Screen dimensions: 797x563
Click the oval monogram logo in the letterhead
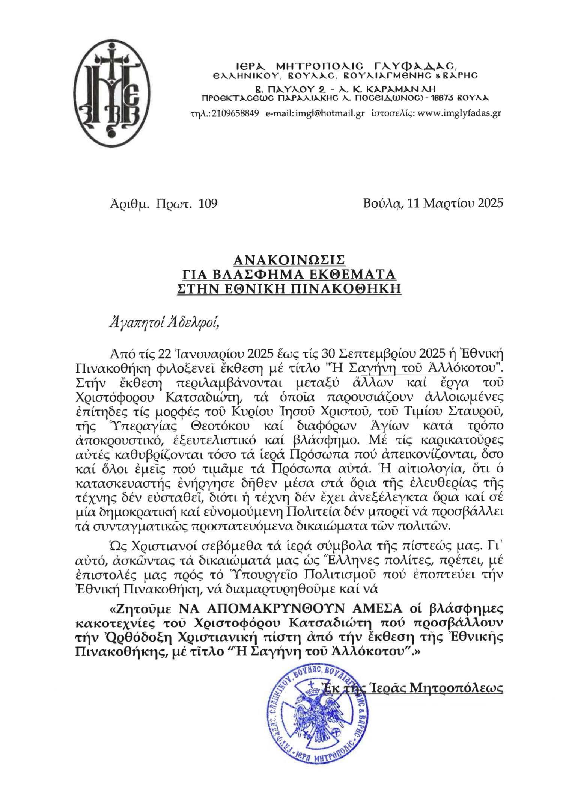coord(111,95)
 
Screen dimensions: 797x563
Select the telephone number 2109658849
coord(235,113)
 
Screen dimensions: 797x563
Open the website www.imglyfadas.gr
coord(459,113)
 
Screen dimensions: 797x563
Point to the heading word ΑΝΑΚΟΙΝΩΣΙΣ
coord(289,260)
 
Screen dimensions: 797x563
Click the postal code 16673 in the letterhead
coord(444,98)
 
